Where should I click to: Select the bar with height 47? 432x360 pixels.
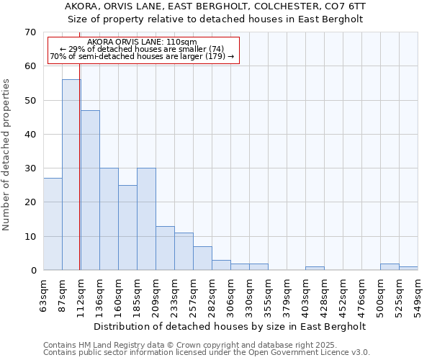pos(90,190)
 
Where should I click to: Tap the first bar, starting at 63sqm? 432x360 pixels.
pos(53,224)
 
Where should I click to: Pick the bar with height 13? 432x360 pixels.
pos(165,248)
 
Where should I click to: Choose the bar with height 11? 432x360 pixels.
pos(184,251)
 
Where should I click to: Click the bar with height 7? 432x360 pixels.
pos(202,258)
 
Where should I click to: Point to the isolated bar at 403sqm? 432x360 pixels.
pos(315,269)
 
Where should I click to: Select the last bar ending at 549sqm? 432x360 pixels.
pos(408,269)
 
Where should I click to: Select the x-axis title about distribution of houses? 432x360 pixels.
pos(230,326)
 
